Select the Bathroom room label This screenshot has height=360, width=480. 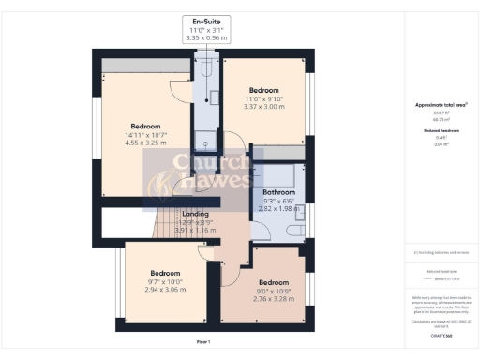[x=277, y=192]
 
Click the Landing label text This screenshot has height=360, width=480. [x=195, y=213]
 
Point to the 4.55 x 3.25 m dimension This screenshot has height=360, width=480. [x=146, y=144]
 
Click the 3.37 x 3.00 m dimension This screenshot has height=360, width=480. [x=263, y=107]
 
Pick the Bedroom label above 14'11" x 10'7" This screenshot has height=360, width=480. [x=146, y=127]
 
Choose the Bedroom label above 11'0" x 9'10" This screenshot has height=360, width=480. [x=263, y=90]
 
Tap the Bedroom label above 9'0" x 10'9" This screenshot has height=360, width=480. [x=274, y=281]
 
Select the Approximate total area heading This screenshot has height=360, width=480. [x=436, y=105]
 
